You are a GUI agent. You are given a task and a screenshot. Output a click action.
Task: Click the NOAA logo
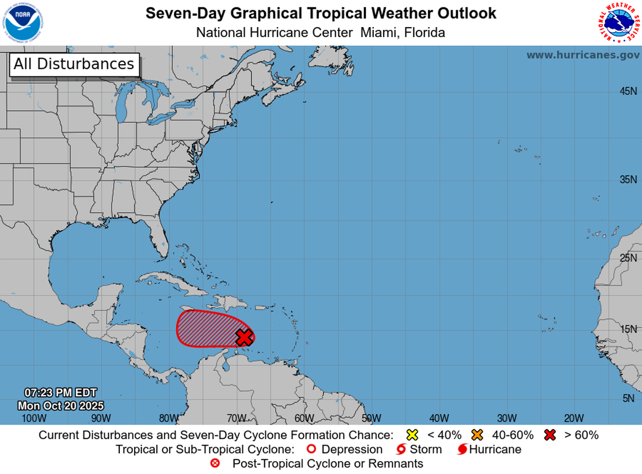tap(23, 23)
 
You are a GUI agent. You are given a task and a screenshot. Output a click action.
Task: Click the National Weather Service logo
tap(619, 23)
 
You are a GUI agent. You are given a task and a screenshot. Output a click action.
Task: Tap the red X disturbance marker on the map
tap(243, 337)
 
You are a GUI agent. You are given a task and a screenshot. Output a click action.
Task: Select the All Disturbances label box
tap(74, 64)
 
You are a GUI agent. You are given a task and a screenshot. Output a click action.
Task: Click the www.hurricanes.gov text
tap(583, 55)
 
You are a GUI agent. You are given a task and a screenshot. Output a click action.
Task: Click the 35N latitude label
tap(628, 180)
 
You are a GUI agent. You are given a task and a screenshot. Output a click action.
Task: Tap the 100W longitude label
tap(33, 418)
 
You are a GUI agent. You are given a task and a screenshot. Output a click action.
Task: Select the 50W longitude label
tap(371, 418)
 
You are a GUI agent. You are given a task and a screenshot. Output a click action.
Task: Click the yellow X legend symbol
tap(412, 435)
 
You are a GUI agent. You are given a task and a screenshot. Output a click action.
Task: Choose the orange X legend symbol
tap(478, 435)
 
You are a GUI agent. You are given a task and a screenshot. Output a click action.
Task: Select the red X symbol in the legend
tap(550, 435)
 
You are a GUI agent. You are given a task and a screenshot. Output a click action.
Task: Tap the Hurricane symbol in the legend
tap(462, 450)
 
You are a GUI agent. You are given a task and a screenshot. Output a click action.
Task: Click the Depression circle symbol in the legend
tap(310, 450)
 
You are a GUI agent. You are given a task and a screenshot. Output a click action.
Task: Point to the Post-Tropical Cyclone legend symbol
tap(215, 464)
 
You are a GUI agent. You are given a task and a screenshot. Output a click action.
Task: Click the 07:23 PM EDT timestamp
tap(60, 393)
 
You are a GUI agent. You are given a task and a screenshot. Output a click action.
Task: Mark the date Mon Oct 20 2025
tap(60, 405)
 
